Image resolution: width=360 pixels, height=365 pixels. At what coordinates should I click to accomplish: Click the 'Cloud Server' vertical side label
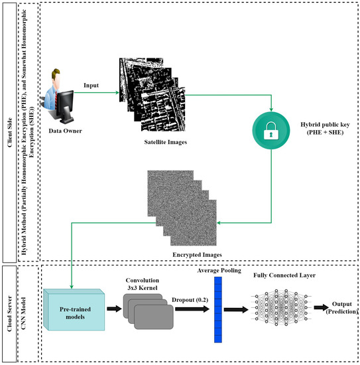pyautogui.click(x=8, y=312)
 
